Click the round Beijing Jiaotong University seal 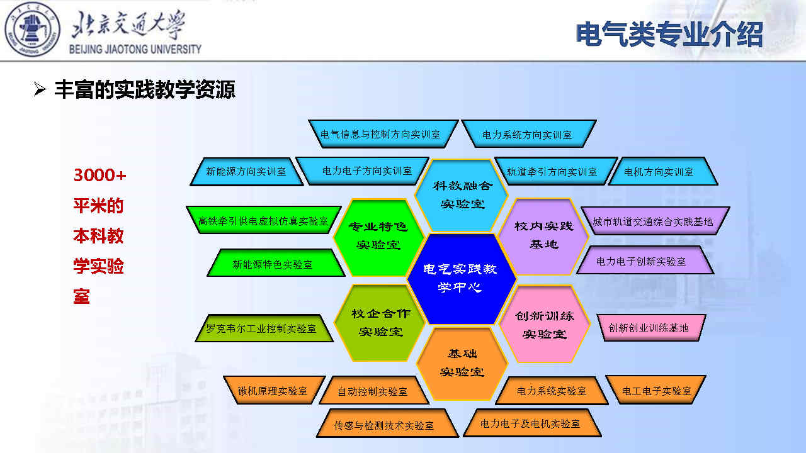32,30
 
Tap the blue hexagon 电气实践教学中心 462,279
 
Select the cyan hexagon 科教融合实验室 462,195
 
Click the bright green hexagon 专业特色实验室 378,237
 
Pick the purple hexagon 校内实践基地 543,236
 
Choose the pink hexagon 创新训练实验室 544,324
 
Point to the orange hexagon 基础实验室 462,363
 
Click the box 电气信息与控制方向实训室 382,134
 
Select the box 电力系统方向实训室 528,134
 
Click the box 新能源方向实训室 246,172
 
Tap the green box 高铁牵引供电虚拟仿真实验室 263,220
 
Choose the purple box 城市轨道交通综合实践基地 655,221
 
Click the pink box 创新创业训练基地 650,328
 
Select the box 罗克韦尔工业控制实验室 263,328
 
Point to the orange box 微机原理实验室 273,391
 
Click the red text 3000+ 99,176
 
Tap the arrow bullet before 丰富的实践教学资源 40,89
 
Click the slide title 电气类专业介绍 669,35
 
